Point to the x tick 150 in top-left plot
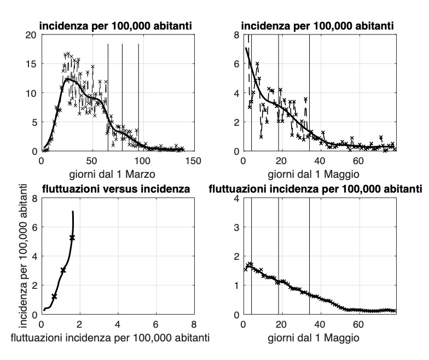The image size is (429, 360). (193, 161)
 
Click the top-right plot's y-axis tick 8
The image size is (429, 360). (236, 34)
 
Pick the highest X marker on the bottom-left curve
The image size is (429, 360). (72, 237)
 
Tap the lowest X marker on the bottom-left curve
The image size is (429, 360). (54, 296)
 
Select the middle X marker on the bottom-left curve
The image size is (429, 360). (63, 270)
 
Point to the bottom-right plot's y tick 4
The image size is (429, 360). (236, 198)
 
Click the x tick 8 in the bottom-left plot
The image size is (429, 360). (193, 324)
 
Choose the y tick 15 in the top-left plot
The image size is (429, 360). (31, 63)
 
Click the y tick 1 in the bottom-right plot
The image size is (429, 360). (236, 286)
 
